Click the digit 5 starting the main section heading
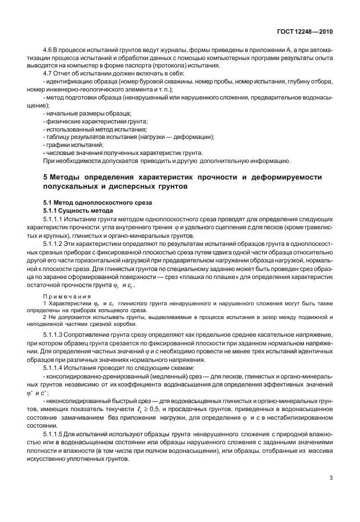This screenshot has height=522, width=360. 46,178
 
